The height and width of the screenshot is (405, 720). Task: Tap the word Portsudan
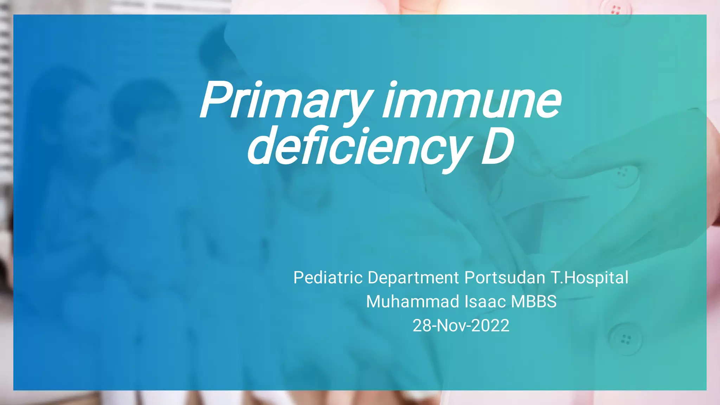pyautogui.click(x=505, y=277)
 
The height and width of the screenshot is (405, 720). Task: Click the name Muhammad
pyautogui.click(x=412, y=301)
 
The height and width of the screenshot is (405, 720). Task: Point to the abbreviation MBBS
pyautogui.click(x=534, y=301)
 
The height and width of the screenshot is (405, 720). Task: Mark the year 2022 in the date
pyautogui.click(x=490, y=326)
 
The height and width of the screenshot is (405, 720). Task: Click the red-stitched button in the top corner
pyautogui.click(x=616, y=10)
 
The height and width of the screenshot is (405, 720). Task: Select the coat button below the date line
pyautogui.click(x=625, y=339)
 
